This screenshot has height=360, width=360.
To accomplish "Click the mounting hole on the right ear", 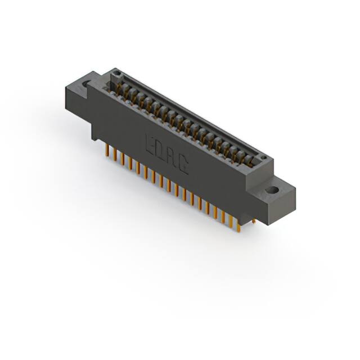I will pos(273,190).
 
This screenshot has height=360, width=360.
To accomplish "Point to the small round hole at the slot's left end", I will pos(116,73).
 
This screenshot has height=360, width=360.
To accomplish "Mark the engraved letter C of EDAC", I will pos(183,163).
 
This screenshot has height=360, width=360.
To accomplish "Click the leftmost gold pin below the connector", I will pos(106,150).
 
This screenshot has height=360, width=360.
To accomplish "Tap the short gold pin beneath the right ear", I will pos(254,221).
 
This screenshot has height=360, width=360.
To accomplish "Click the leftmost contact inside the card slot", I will pos(120,85).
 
